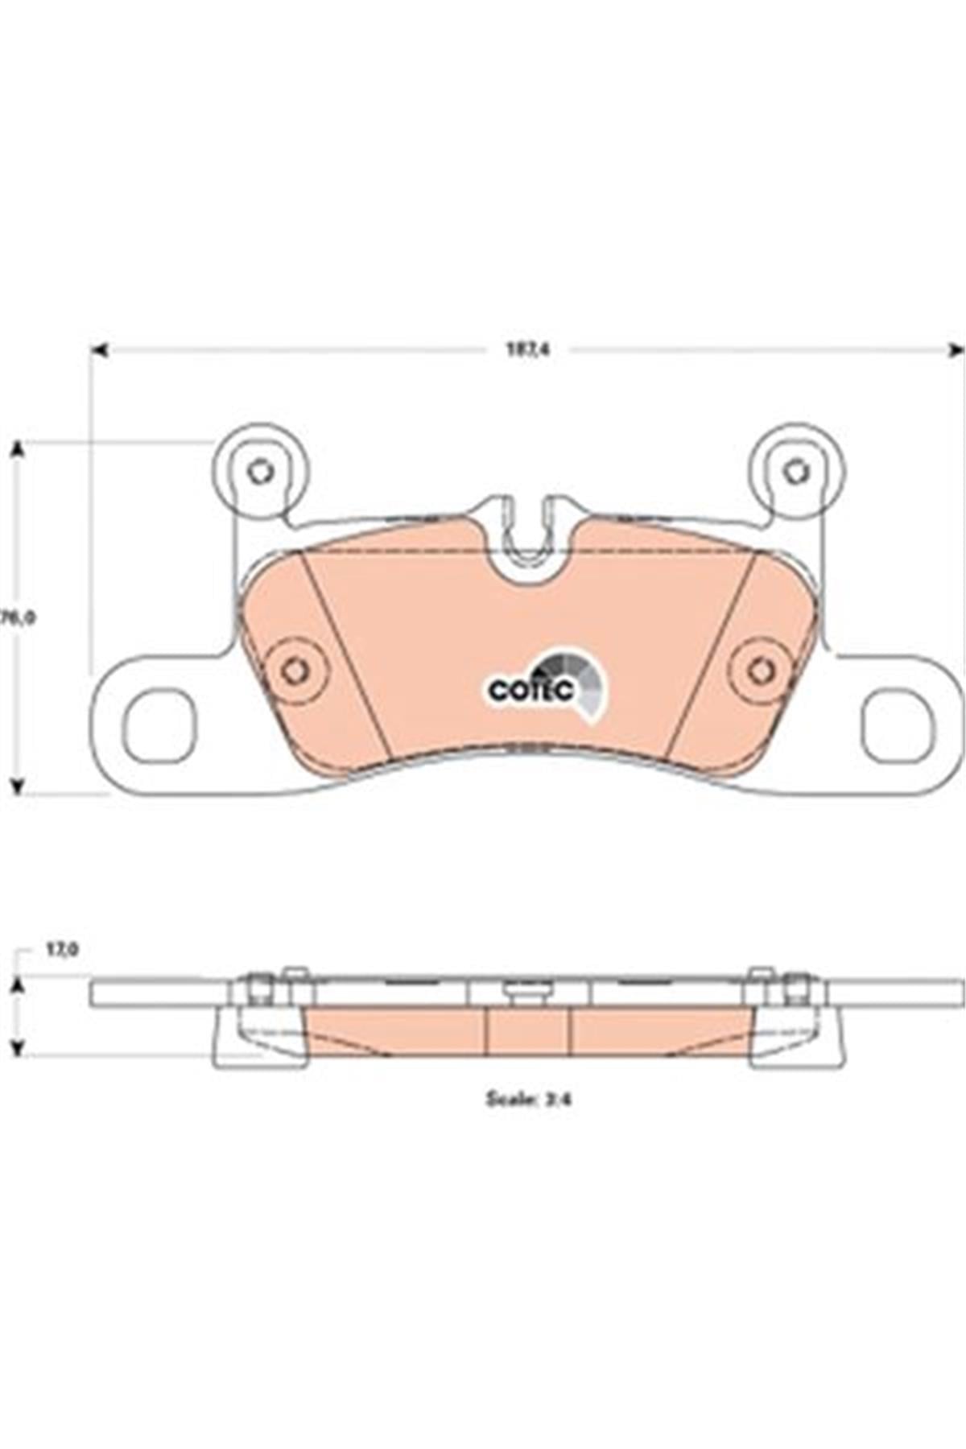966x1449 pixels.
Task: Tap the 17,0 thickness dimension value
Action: coord(61,950)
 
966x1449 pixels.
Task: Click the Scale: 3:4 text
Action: coord(527,1099)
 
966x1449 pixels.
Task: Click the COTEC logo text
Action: coord(530,691)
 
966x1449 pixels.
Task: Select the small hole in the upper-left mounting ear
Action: coord(259,471)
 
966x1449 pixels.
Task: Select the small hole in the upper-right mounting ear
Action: coord(795,471)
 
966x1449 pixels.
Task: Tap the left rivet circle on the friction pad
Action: coord(295,671)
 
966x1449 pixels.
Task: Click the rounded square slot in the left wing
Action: coord(160,727)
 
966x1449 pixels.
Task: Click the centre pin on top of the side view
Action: coord(528,993)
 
